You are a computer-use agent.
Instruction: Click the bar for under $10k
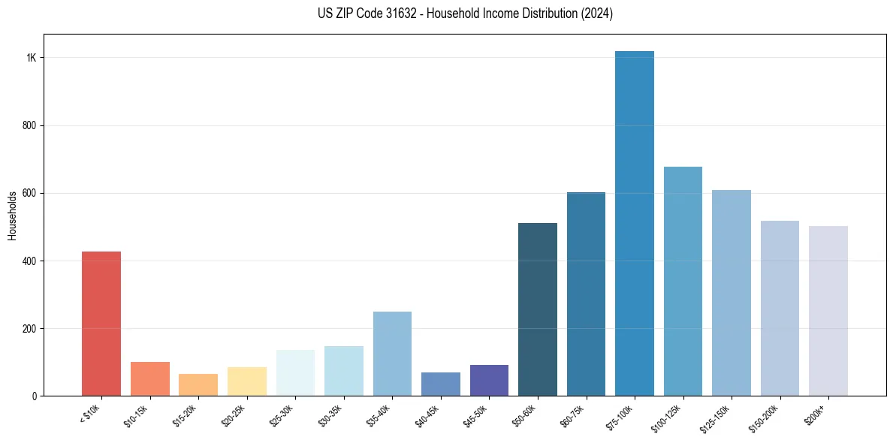101,324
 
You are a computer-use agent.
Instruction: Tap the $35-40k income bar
392,354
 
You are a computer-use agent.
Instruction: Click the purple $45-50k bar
489,381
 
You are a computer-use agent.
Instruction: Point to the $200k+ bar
828,311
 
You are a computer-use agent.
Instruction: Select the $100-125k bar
683,282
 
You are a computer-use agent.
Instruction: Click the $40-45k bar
441,384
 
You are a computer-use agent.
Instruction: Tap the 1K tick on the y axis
32,59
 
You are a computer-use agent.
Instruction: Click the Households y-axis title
13,215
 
